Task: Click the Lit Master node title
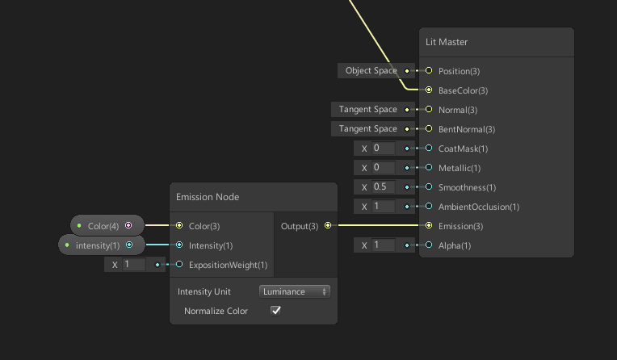447,42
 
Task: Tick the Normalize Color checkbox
275,311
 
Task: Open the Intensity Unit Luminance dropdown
294,291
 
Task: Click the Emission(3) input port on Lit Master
429,226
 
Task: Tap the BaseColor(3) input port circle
429,90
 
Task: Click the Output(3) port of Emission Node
328,226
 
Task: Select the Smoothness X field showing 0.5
383,187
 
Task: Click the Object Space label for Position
371,71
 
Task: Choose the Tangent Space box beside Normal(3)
367,110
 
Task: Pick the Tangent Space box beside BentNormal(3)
367,129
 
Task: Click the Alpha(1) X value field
383,245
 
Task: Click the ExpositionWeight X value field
133,265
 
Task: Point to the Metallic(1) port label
459,168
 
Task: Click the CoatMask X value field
383,149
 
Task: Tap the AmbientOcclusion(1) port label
478,207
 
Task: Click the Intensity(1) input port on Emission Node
179,245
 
